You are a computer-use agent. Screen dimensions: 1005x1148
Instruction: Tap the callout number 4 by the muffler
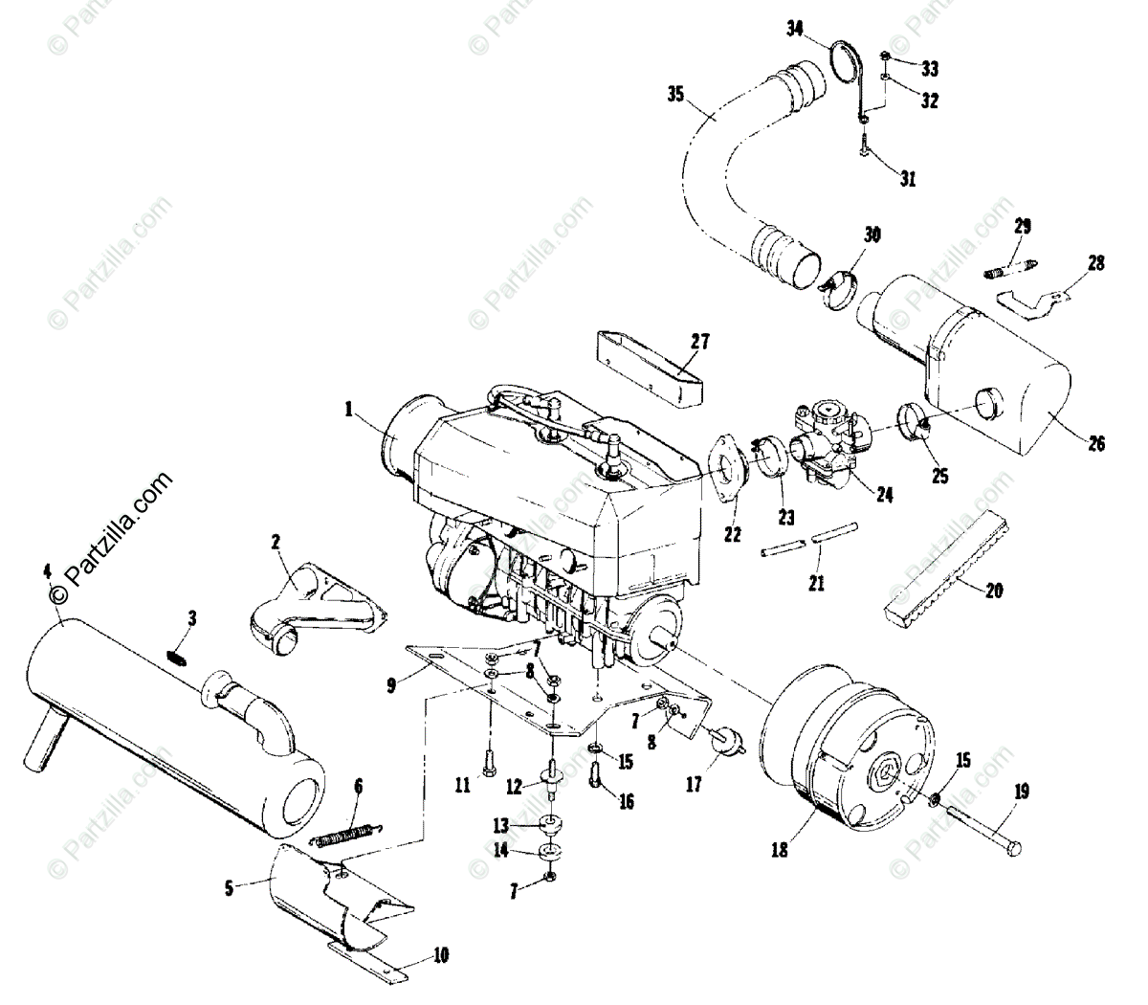(x=47, y=573)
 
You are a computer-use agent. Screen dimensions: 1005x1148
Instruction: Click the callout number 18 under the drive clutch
(x=781, y=848)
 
